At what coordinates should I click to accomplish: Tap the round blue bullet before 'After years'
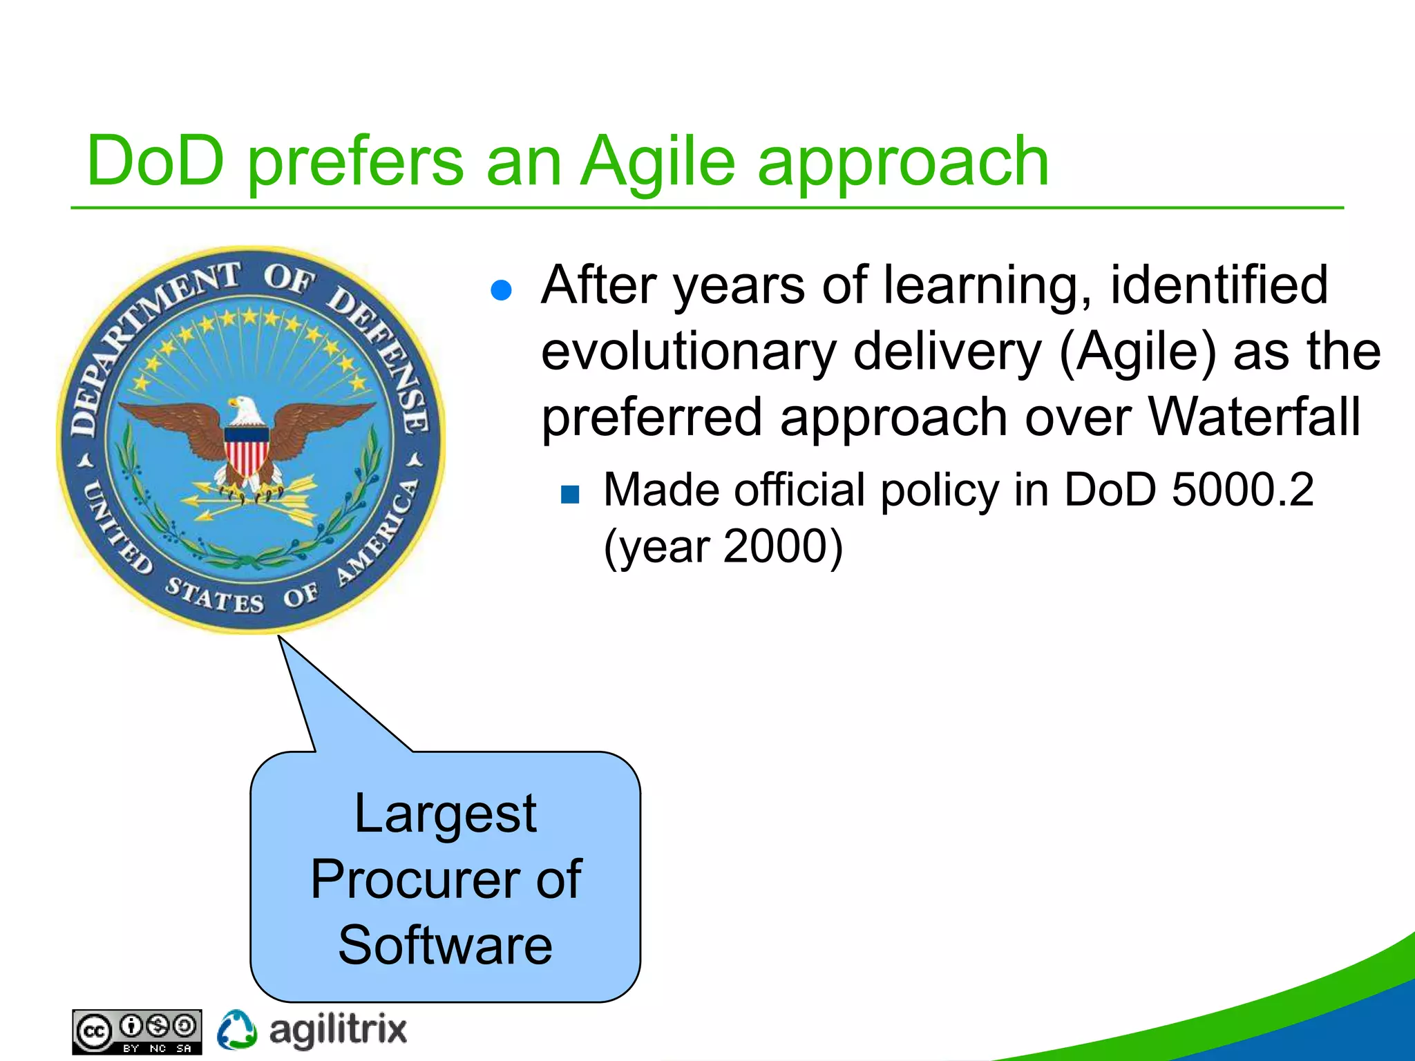coord(500,290)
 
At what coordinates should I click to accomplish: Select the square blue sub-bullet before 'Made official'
coord(570,494)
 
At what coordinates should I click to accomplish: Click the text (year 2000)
coord(723,547)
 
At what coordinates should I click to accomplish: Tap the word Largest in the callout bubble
coord(445,814)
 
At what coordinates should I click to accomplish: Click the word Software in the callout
coord(445,945)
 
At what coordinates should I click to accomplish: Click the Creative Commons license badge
coord(137,1032)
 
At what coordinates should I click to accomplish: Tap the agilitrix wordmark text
coord(338,1031)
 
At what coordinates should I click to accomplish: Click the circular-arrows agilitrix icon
coord(236,1030)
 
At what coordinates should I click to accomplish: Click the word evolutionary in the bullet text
coord(688,352)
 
